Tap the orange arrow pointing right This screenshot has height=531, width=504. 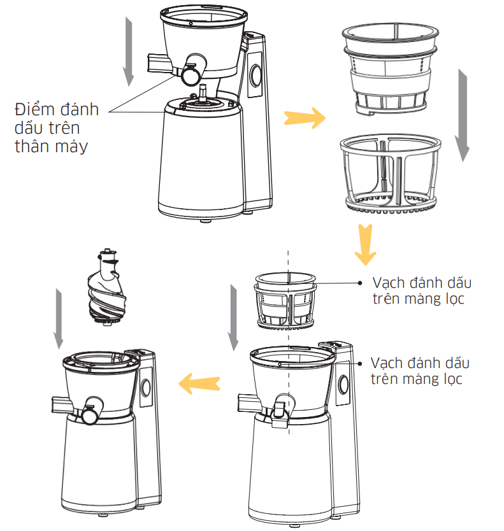[x=304, y=117]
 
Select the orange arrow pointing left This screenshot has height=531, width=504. [x=199, y=383]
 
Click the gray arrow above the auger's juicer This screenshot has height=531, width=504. [x=59, y=318]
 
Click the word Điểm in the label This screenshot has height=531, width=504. [x=36, y=110]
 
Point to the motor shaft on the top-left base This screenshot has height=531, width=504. [x=203, y=92]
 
